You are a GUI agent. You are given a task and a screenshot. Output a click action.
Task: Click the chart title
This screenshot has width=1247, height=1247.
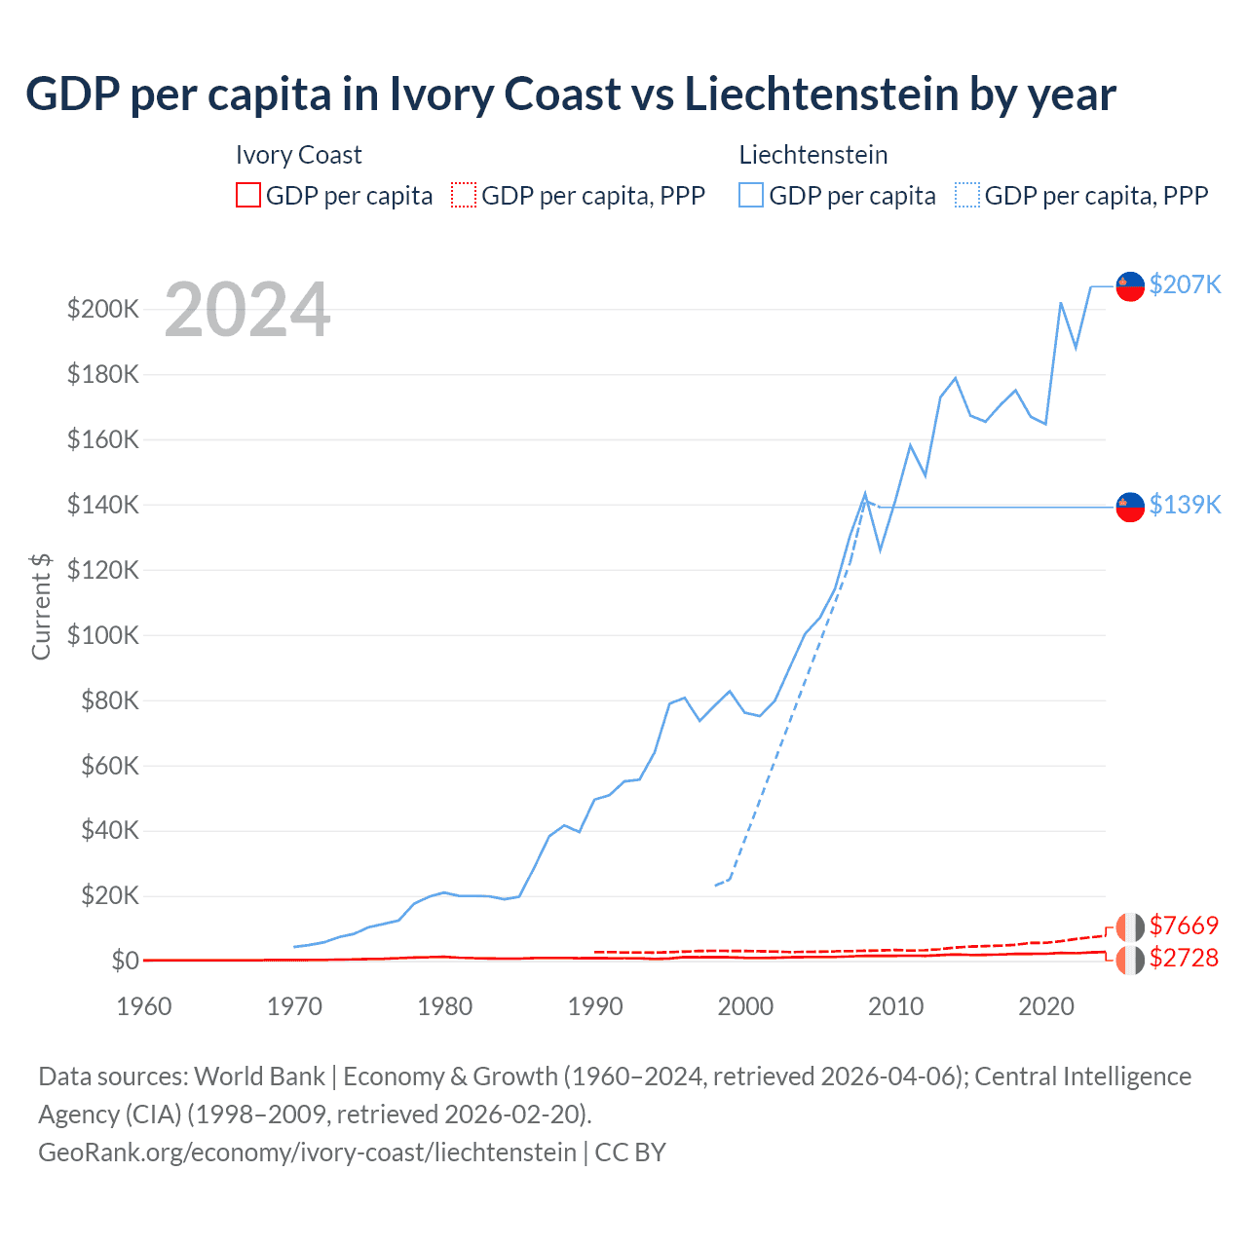pos(571,94)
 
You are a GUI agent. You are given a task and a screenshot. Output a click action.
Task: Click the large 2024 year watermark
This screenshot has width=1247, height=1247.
pos(247,311)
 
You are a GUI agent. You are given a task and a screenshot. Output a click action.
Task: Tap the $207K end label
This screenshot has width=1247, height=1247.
pos(1185,284)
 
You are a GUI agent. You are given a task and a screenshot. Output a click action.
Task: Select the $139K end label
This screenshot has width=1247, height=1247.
pos(1185,505)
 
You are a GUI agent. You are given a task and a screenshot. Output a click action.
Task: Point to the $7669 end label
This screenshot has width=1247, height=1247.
pos(1184,926)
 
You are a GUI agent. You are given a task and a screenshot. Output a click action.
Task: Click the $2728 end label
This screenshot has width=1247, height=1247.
pos(1184,958)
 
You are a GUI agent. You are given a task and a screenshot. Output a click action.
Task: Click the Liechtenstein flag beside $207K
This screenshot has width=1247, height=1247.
pos(1129,285)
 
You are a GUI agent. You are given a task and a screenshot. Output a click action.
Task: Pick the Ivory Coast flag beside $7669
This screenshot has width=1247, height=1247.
pos(1129,926)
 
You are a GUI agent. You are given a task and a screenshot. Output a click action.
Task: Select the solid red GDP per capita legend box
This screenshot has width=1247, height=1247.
pos(248,195)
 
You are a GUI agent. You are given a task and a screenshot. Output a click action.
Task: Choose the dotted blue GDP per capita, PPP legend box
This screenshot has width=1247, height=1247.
pos(967,195)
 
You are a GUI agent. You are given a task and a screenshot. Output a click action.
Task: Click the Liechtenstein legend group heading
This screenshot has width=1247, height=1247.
pos(812,155)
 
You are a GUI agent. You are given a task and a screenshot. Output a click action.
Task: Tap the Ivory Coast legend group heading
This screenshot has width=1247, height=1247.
pos(298,155)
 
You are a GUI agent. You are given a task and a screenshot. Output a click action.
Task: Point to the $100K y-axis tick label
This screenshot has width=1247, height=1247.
pos(103,635)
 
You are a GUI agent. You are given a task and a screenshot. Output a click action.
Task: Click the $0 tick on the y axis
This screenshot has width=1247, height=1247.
pos(125,961)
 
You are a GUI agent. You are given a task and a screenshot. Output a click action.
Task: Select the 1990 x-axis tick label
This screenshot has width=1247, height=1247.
pos(595,1006)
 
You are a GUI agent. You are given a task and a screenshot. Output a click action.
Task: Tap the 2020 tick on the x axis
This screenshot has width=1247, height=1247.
pos(1045,1006)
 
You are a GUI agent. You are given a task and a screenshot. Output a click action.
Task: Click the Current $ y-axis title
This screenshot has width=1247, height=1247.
pos(41,606)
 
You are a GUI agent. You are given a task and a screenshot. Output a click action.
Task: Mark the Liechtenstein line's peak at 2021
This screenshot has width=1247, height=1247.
pos(1061,303)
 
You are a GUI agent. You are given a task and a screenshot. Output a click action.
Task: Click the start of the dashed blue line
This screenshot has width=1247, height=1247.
pos(716,885)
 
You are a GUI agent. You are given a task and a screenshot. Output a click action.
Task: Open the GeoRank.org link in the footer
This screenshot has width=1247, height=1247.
pos(307,1153)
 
